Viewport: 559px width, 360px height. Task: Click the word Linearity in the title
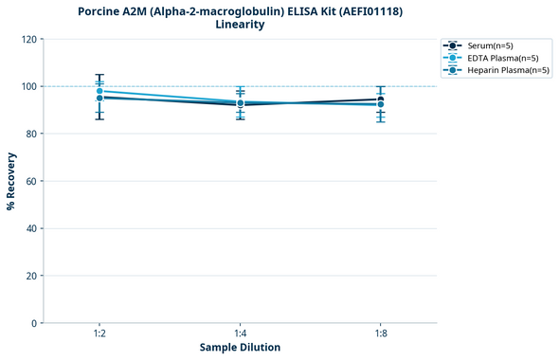click(240, 25)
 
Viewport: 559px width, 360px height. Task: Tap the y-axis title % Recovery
click(11, 181)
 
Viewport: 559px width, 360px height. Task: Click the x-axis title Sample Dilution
click(240, 348)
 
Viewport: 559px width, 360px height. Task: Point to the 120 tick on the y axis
click(27, 39)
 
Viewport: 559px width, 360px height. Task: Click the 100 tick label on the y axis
click(27, 86)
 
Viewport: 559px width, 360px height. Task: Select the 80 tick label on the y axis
click(30, 134)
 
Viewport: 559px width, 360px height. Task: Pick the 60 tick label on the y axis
click(30, 181)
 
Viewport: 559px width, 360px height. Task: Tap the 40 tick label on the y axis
click(30, 228)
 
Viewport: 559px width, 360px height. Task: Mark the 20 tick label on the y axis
click(30, 276)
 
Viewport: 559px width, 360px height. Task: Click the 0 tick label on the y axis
click(33, 323)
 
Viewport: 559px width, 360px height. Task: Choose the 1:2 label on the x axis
click(99, 333)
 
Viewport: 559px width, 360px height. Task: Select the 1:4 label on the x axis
click(240, 333)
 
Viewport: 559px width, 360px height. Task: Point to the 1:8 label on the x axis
click(380, 333)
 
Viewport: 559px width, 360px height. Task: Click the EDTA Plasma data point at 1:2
click(99, 91)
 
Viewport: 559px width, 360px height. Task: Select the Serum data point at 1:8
click(380, 99)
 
